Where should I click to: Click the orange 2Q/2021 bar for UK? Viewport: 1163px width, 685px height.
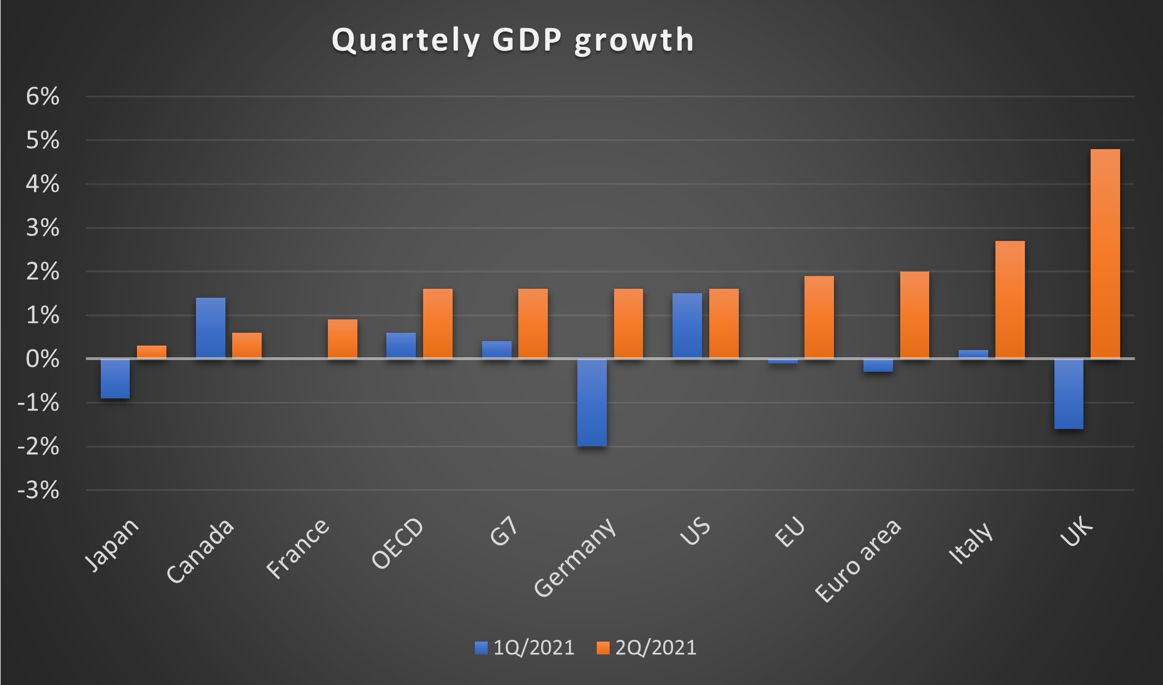(x=1105, y=254)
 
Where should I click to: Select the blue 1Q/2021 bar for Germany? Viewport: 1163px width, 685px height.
(x=592, y=402)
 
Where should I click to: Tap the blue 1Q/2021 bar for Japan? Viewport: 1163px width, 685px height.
(x=115, y=378)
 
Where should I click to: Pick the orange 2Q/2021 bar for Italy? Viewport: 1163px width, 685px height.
(x=1010, y=299)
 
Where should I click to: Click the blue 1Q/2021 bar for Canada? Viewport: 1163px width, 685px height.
(x=210, y=328)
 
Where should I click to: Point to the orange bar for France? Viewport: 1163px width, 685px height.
(x=342, y=339)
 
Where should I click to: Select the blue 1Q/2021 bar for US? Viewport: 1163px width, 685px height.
(x=687, y=326)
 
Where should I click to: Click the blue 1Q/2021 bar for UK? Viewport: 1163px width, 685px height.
(x=1068, y=393)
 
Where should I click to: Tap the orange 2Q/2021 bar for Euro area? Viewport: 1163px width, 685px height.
(x=915, y=315)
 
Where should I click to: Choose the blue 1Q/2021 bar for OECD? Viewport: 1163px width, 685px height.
(x=401, y=346)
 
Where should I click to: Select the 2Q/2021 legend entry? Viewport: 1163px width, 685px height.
(x=647, y=648)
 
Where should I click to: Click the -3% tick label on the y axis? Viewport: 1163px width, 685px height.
(x=38, y=490)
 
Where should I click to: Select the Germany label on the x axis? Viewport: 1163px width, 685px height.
(x=576, y=558)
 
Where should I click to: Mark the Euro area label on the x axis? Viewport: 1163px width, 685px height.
(x=858, y=560)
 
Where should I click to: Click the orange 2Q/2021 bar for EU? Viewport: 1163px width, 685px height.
(x=819, y=317)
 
